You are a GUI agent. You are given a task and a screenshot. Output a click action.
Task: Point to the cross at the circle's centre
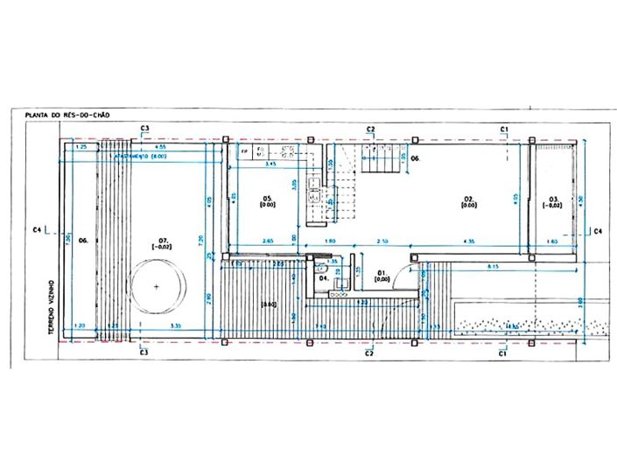tap(158, 287)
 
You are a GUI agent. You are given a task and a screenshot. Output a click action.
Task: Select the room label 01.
tap(382, 274)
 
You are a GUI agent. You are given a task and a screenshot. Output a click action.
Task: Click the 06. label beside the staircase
tap(416, 159)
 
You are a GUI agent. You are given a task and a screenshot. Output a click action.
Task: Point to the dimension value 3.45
tap(270, 164)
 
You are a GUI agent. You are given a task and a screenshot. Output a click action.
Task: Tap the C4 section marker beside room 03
tap(598, 232)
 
